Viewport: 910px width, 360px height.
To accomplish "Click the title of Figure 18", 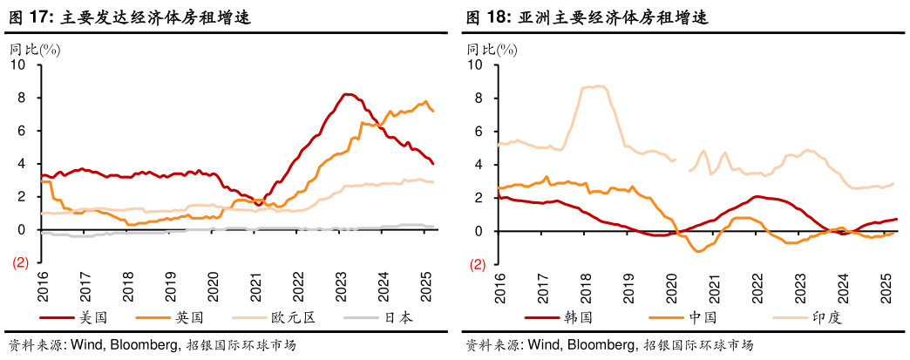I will pos(586,17).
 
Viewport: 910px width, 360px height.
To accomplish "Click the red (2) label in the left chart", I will pos(20,263).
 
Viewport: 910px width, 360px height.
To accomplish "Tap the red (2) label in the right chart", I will pos(479,264).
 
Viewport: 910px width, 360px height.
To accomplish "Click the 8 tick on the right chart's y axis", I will pos(478,98).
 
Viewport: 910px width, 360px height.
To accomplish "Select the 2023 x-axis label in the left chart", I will pos(340,285).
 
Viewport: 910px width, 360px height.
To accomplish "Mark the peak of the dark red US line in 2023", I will pos(347,94).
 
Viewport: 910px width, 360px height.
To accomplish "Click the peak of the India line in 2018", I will pos(597,86).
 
